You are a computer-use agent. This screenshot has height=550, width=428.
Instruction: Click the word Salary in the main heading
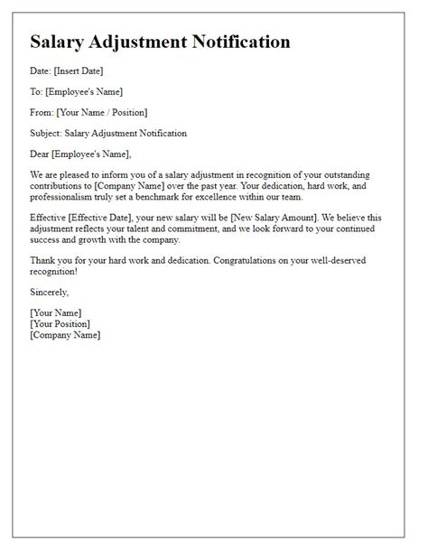click(61, 42)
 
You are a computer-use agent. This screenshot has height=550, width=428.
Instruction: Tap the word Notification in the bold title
click(240, 42)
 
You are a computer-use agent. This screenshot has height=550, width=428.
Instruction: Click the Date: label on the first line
click(42, 70)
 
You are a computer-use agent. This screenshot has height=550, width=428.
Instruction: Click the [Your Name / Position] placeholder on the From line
click(102, 112)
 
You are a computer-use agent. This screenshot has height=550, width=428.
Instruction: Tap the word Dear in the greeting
click(42, 154)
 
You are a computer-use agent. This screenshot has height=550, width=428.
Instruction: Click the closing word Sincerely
click(50, 293)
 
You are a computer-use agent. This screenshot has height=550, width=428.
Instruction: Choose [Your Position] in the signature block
click(60, 323)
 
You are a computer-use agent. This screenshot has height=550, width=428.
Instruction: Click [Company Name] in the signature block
click(65, 334)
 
